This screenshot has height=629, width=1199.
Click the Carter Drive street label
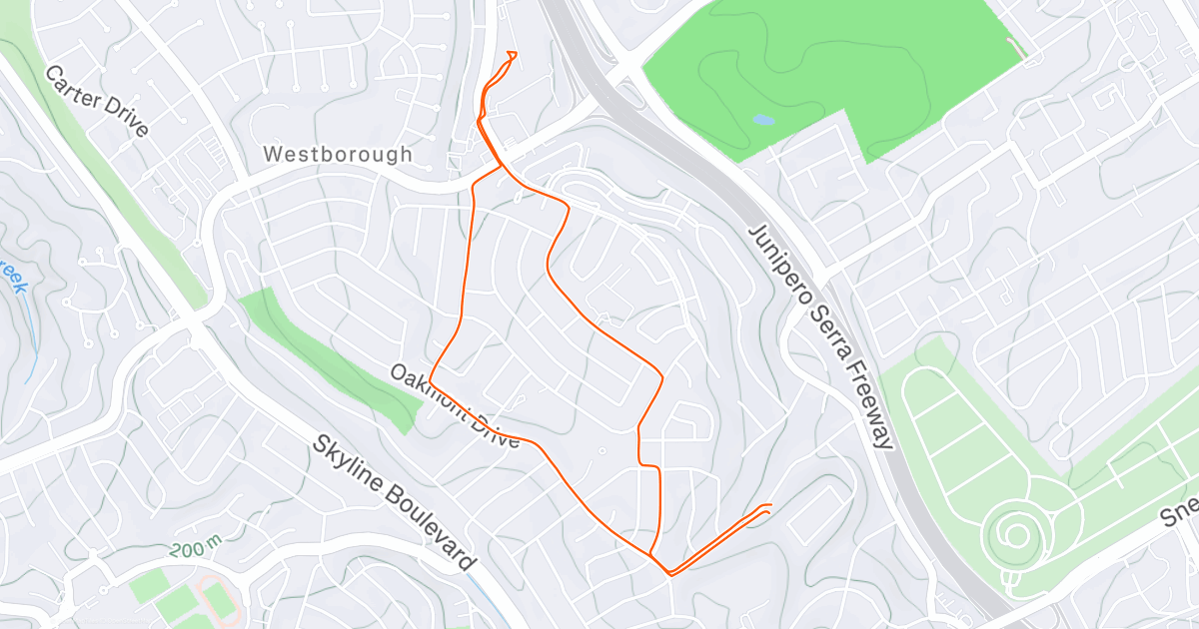pyautogui.click(x=97, y=101)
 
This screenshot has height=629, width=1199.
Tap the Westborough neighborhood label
pyautogui.click(x=338, y=155)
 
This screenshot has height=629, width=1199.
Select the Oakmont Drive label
pyautogui.click(x=456, y=406)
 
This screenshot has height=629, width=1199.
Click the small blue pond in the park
pyautogui.click(x=762, y=120)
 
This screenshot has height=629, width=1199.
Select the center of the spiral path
pyautogui.click(x=1015, y=536)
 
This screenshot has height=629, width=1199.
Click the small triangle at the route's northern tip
pyautogui.click(x=512, y=55)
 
